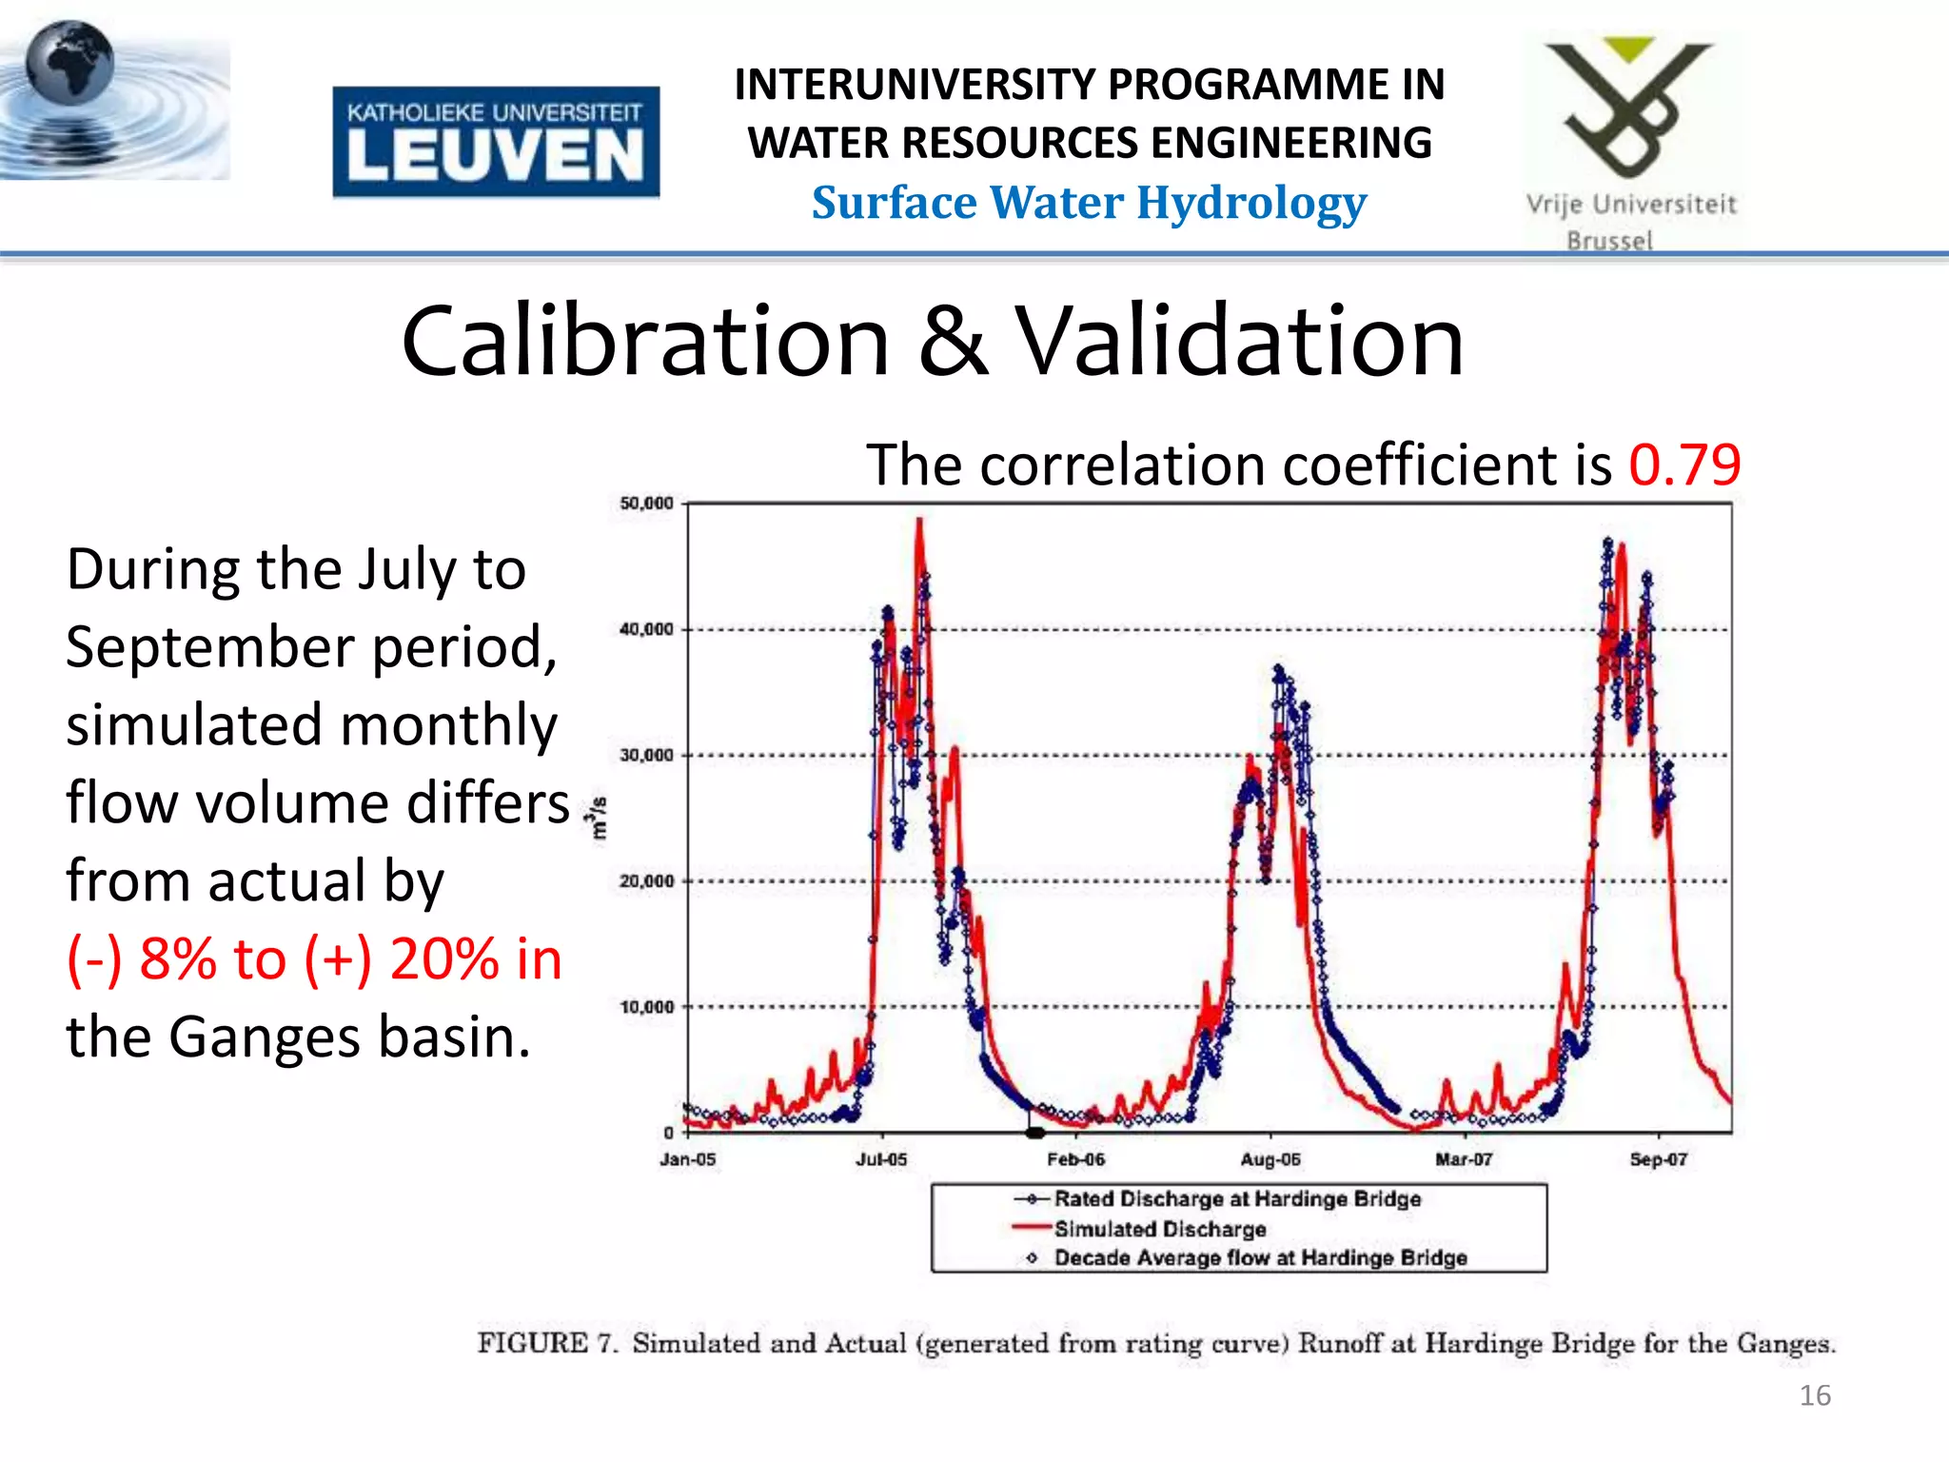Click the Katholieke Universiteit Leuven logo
(495, 142)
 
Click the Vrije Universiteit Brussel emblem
(1629, 109)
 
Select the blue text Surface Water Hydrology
(1089, 203)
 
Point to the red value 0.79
(1684, 465)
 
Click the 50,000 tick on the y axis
(646, 504)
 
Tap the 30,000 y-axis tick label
(646, 756)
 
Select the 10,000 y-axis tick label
(646, 1007)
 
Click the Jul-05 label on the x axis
(881, 1159)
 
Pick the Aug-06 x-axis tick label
(1270, 1159)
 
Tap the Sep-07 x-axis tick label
(1658, 1159)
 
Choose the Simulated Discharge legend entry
(1159, 1229)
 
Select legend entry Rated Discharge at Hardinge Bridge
(1236, 1199)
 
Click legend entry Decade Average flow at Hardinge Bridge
(1259, 1258)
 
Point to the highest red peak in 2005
(919, 522)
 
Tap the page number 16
(1815, 1395)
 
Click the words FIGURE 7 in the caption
(546, 1344)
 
